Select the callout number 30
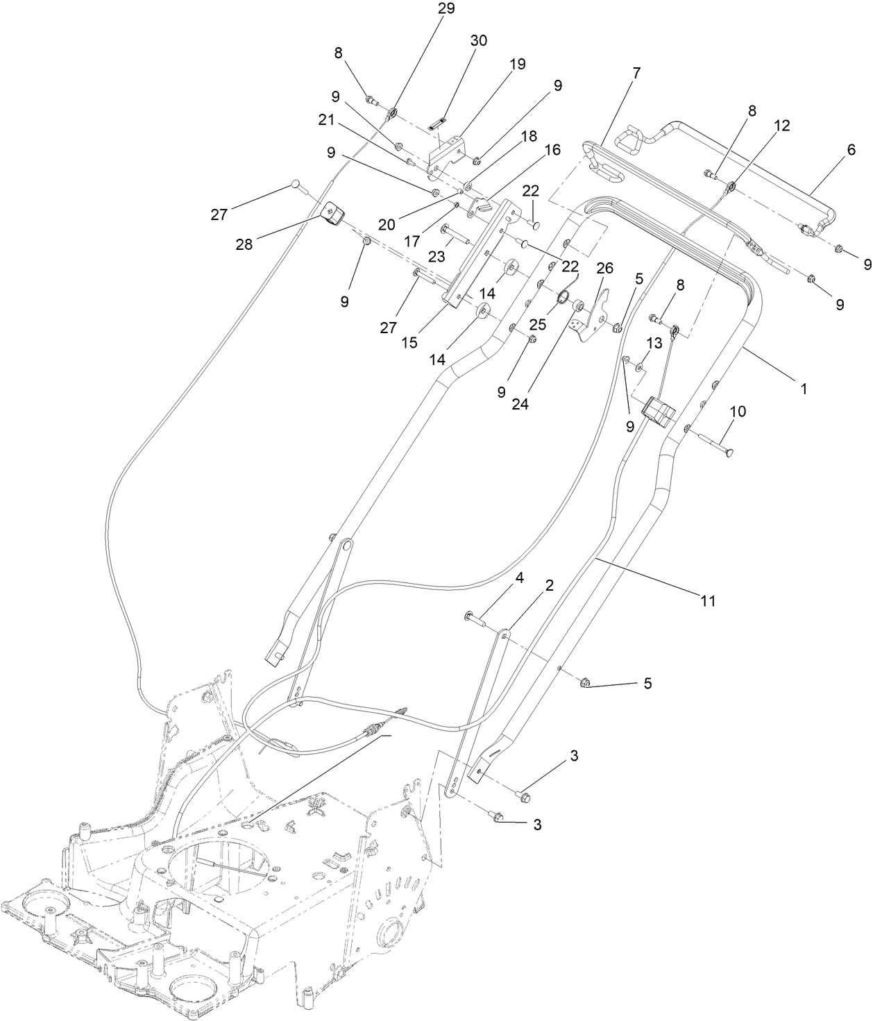pyautogui.click(x=479, y=41)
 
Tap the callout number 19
pyautogui.click(x=517, y=64)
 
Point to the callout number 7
pyautogui.click(x=636, y=71)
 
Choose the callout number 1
pyautogui.click(x=804, y=389)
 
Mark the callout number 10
pyautogui.click(x=738, y=412)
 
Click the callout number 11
pyautogui.click(x=707, y=601)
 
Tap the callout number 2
pyautogui.click(x=549, y=585)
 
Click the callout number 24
pyautogui.click(x=520, y=404)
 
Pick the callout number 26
pyautogui.click(x=605, y=268)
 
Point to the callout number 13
pyautogui.click(x=654, y=343)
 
